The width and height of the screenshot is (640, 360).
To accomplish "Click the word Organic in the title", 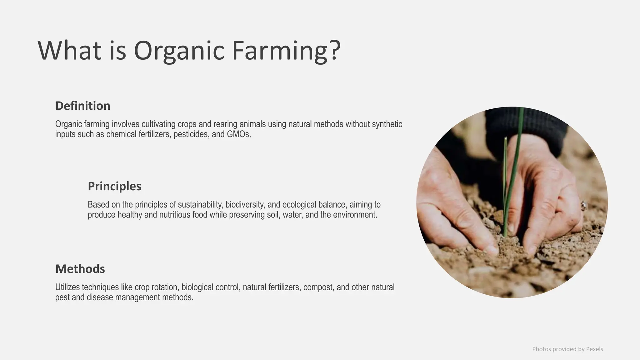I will tap(179, 51).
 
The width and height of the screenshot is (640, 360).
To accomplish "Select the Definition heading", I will tap(83, 106).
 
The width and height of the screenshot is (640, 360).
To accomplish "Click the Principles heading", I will tap(114, 186).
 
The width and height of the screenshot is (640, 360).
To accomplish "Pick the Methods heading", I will tap(80, 269).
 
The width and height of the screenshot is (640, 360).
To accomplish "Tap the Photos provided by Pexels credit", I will tap(567, 349).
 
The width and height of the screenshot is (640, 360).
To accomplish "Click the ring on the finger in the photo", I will tap(583, 205).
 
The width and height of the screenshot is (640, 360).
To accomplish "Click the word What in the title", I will tap(69, 51).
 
